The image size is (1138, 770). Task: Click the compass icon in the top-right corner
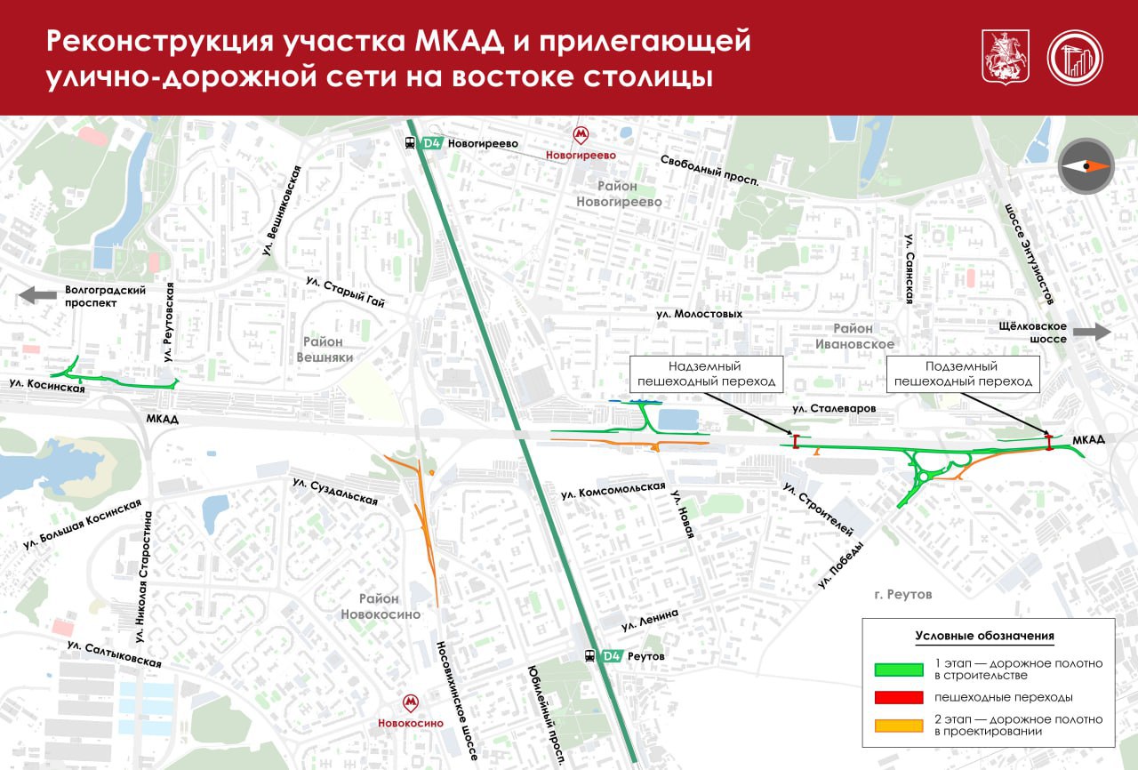pos(1086,166)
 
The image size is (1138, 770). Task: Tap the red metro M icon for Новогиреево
pos(581,135)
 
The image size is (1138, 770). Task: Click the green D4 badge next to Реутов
pos(611,656)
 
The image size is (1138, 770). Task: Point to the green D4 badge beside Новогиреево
pos(432,143)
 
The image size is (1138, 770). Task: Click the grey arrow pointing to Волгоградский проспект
pos(37,295)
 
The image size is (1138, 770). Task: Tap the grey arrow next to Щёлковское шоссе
pos(1092,333)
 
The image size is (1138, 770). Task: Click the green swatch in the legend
pos(900,669)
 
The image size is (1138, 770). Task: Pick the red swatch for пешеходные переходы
pos(900,697)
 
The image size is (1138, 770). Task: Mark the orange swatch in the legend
pos(900,726)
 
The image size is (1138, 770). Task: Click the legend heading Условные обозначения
pos(984,636)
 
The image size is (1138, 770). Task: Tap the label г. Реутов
pos(902,594)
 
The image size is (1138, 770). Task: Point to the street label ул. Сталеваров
pos(834,408)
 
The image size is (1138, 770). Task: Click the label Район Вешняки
pos(328,349)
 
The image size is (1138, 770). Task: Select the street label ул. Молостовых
pos(699,314)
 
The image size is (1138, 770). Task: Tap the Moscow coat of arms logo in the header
pos(1000,57)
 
